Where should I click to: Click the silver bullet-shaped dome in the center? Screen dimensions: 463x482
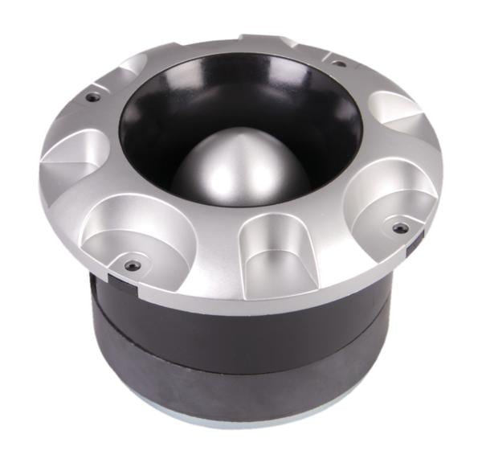point(229,165)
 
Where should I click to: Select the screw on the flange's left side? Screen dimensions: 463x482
point(94,96)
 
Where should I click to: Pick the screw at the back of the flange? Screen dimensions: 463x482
point(338,63)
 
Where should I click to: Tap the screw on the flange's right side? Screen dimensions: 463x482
point(399,228)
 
